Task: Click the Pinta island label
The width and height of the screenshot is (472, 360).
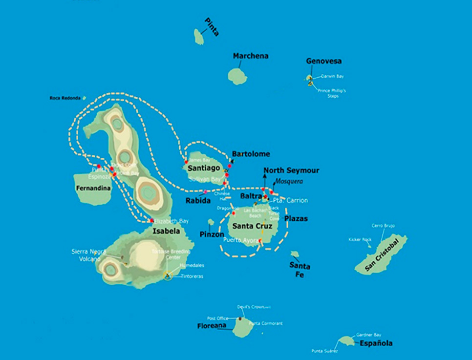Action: [212, 27]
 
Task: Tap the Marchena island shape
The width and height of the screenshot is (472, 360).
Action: [237, 76]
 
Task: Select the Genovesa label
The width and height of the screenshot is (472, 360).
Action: [323, 61]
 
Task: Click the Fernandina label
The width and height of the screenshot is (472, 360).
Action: [93, 188]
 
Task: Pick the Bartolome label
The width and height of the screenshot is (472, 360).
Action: [251, 154]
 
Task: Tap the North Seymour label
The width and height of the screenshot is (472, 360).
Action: [291, 170]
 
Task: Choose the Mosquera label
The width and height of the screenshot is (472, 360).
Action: [290, 181]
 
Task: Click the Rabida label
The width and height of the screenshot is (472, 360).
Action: [198, 200]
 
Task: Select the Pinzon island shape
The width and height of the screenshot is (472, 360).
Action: [211, 222]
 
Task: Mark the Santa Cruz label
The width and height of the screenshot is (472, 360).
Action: [252, 226]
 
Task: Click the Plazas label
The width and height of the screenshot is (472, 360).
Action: [296, 218]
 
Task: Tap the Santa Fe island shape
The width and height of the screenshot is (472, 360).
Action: [295, 254]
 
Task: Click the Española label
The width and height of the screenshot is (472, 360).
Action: [376, 343]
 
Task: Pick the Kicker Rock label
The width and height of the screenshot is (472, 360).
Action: [360, 239]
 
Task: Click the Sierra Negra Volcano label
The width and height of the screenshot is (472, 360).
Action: [86, 255]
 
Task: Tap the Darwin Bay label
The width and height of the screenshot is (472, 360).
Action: [333, 76]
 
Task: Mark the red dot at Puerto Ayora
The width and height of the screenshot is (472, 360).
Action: [260, 241]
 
